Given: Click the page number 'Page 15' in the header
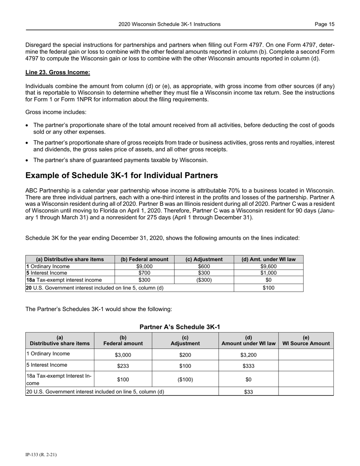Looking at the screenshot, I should click(324, 24).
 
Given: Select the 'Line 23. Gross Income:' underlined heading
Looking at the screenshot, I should click(58, 72).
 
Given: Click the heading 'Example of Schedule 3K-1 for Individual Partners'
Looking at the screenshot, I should click(122, 175).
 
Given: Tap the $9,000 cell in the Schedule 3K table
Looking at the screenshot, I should click(144, 266).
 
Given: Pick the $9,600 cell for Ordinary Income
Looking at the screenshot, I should click(268, 266).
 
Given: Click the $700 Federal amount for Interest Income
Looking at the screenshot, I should click(144, 273).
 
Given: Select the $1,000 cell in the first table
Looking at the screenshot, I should click(268, 273).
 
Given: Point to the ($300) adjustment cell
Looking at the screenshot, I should click(204, 280).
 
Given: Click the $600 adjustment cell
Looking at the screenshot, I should click(204, 266).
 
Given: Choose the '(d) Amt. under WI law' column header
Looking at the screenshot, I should click(268, 259).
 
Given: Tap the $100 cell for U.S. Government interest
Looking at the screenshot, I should click(268, 288).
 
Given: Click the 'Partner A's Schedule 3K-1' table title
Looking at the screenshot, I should click(180, 327).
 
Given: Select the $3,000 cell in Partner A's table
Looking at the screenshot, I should click(123, 355).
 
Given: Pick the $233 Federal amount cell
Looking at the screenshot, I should click(123, 366).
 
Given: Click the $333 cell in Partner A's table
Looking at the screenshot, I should click(248, 366).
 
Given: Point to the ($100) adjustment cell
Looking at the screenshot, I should click(185, 379).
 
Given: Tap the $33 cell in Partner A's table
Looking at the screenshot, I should click(248, 392).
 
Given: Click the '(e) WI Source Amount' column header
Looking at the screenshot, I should click(306, 341).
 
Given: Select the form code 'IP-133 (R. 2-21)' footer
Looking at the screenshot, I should click(41, 455).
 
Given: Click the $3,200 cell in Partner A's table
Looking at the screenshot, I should click(248, 355).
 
